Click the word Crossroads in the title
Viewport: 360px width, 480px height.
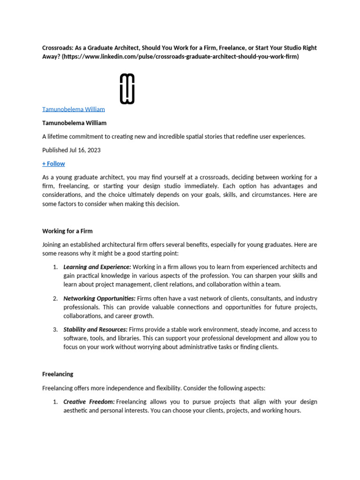(58, 48)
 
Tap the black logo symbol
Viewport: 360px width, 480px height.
(127, 89)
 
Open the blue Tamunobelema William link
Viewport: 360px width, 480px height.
(74, 109)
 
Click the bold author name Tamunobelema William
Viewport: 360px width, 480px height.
(74, 123)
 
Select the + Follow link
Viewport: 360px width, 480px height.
(53, 164)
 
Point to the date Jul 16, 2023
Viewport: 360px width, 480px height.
(85, 150)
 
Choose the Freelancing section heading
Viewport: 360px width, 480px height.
(58, 375)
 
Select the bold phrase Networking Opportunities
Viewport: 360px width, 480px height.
(99, 298)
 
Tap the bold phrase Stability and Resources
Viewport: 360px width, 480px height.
(95, 330)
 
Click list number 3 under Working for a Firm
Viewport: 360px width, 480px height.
(55, 330)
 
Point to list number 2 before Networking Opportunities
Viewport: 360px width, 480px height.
(55, 298)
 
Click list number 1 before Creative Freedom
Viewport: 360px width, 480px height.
(55, 402)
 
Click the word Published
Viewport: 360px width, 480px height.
(55, 150)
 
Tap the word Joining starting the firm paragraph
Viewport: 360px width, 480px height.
(52, 245)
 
